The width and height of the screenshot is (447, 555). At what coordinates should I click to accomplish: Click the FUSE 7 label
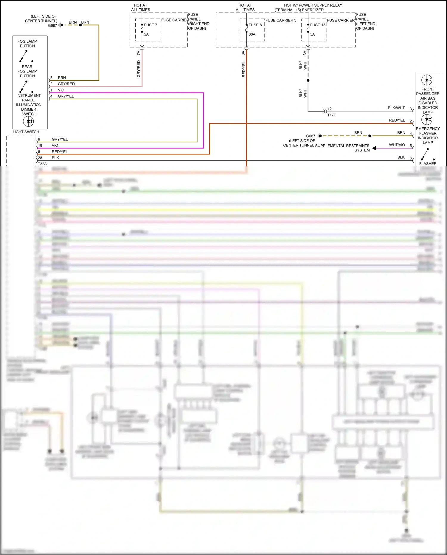coord(150,25)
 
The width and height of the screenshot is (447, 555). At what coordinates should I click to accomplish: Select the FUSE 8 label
coord(255,25)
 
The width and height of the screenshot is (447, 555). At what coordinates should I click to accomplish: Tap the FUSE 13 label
coord(318,25)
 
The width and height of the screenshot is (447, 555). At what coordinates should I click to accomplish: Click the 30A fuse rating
coord(252,34)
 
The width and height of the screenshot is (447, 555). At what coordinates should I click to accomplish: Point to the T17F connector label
coord(331,115)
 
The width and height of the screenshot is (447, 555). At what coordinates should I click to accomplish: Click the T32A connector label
coord(42,164)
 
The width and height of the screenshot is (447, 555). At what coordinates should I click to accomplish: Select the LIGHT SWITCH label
coord(26,132)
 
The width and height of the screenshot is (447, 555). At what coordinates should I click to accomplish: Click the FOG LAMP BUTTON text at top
coord(27,44)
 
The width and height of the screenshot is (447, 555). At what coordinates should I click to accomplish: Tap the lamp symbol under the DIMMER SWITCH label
coord(28,121)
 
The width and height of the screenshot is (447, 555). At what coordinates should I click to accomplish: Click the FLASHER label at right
coord(428,164)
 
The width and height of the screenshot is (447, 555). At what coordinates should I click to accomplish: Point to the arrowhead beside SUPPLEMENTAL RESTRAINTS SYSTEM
coord(374,148)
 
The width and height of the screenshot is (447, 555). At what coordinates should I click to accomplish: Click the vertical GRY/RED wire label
coord(139,69)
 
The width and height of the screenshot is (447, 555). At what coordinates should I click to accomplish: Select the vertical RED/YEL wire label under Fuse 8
coord(243,69)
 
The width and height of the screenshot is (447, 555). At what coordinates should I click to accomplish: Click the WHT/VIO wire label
coord(397,145)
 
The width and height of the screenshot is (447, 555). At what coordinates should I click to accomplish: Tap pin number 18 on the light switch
coord(40,146)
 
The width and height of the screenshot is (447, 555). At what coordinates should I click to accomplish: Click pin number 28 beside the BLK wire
coord(40,158)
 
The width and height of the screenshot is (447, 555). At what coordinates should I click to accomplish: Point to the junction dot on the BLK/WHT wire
coord(308,81)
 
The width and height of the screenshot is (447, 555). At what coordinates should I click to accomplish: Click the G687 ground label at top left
coord(52,26)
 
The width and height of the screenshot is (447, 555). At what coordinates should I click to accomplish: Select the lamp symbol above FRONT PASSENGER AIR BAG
coord(427,80)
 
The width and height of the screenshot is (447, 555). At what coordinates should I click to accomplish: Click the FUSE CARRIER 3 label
coord(281,20)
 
